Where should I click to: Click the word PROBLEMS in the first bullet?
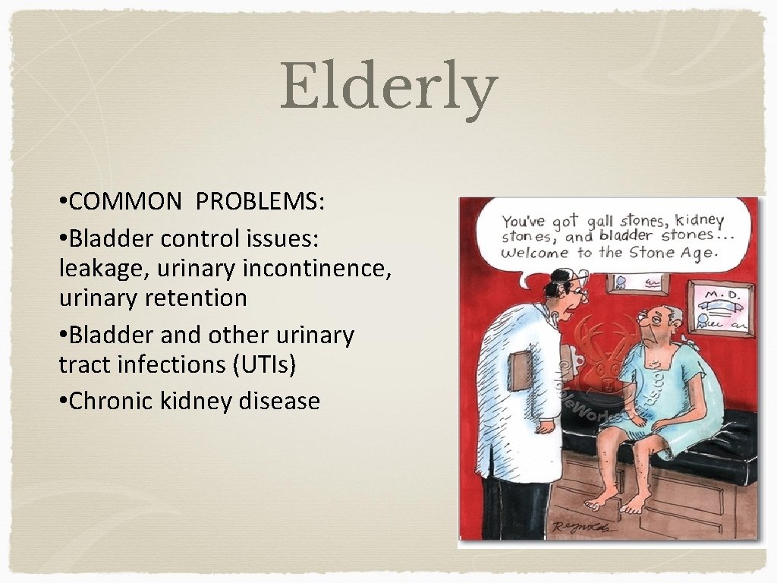pos(260,201)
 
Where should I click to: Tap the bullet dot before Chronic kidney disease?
pos(63,401)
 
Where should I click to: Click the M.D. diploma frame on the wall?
pos(717,307)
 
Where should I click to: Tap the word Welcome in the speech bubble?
pos(536,253)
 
